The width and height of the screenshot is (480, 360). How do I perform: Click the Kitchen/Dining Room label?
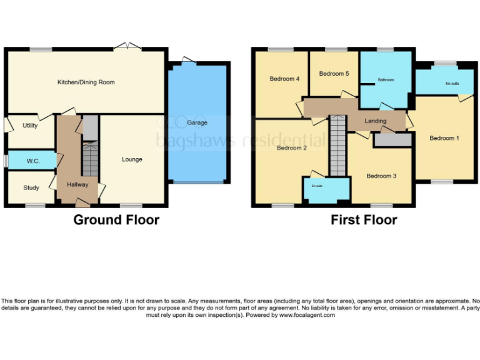coord(86,82)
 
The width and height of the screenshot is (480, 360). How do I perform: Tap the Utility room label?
coord(29,126)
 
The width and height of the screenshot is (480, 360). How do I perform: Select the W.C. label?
coord(33,161)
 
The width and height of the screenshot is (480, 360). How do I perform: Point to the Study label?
coord(31,187)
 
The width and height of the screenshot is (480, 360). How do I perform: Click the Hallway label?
coord(78,184)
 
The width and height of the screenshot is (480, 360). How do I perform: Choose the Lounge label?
coord(132,159)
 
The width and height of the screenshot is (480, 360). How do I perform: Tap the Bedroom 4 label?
coord(284,79)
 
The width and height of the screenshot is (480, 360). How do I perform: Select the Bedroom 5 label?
coord(334,74)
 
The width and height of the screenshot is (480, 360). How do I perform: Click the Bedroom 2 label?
coord(291,148)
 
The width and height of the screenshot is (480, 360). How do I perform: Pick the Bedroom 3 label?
coord(381,176)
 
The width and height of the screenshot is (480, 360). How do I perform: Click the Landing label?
coord(375,121)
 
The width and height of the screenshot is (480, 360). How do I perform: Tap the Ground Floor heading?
coord(116,220)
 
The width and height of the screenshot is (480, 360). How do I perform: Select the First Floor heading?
coord(364,220)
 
